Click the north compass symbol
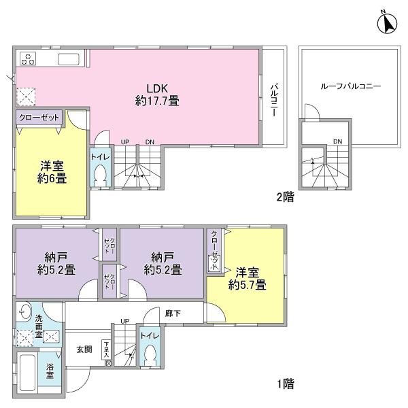click(x=387, y=24)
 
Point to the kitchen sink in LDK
click(x=70, y=58)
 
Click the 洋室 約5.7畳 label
click(x=246, y=279)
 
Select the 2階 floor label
click(x=284, y=198)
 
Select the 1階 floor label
click(x=284, y=383)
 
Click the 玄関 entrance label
click(x=84, y=350)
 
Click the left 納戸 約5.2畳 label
click(x=56, y=262)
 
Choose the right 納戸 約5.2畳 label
click(x=162, y=262)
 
